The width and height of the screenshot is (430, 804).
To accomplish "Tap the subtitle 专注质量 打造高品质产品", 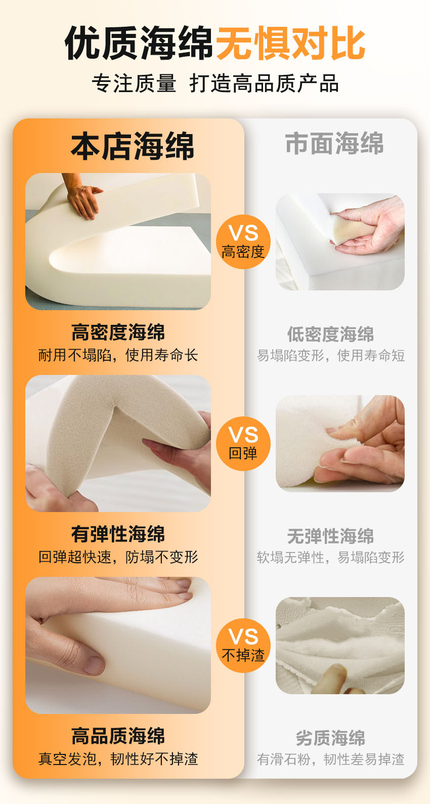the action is (215, 83).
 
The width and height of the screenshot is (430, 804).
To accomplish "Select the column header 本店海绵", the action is (133, 146).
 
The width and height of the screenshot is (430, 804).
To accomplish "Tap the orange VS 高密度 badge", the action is (243, 241).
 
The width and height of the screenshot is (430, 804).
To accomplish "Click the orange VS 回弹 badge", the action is (243, 443).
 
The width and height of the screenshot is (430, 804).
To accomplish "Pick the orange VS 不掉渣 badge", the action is (243, 645).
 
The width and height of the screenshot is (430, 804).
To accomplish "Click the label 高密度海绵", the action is (118, 332).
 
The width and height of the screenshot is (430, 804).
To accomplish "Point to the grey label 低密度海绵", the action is (330, 334).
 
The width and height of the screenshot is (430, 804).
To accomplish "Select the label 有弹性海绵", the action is (118, 534).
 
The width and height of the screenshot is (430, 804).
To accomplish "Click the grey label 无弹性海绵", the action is (330, 536).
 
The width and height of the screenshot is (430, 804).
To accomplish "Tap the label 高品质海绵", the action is (118, 736).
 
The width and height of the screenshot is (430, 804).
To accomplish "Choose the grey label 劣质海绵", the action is (330, 738).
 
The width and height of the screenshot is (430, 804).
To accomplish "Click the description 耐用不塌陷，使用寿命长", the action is (118, 355).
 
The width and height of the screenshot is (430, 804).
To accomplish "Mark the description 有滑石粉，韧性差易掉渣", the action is (330, 759).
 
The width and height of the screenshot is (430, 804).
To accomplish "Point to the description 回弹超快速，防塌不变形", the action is (118, 557).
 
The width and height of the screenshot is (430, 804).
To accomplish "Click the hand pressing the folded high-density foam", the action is (82, 197).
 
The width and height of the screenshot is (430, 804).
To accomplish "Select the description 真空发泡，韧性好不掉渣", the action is (118, 759).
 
